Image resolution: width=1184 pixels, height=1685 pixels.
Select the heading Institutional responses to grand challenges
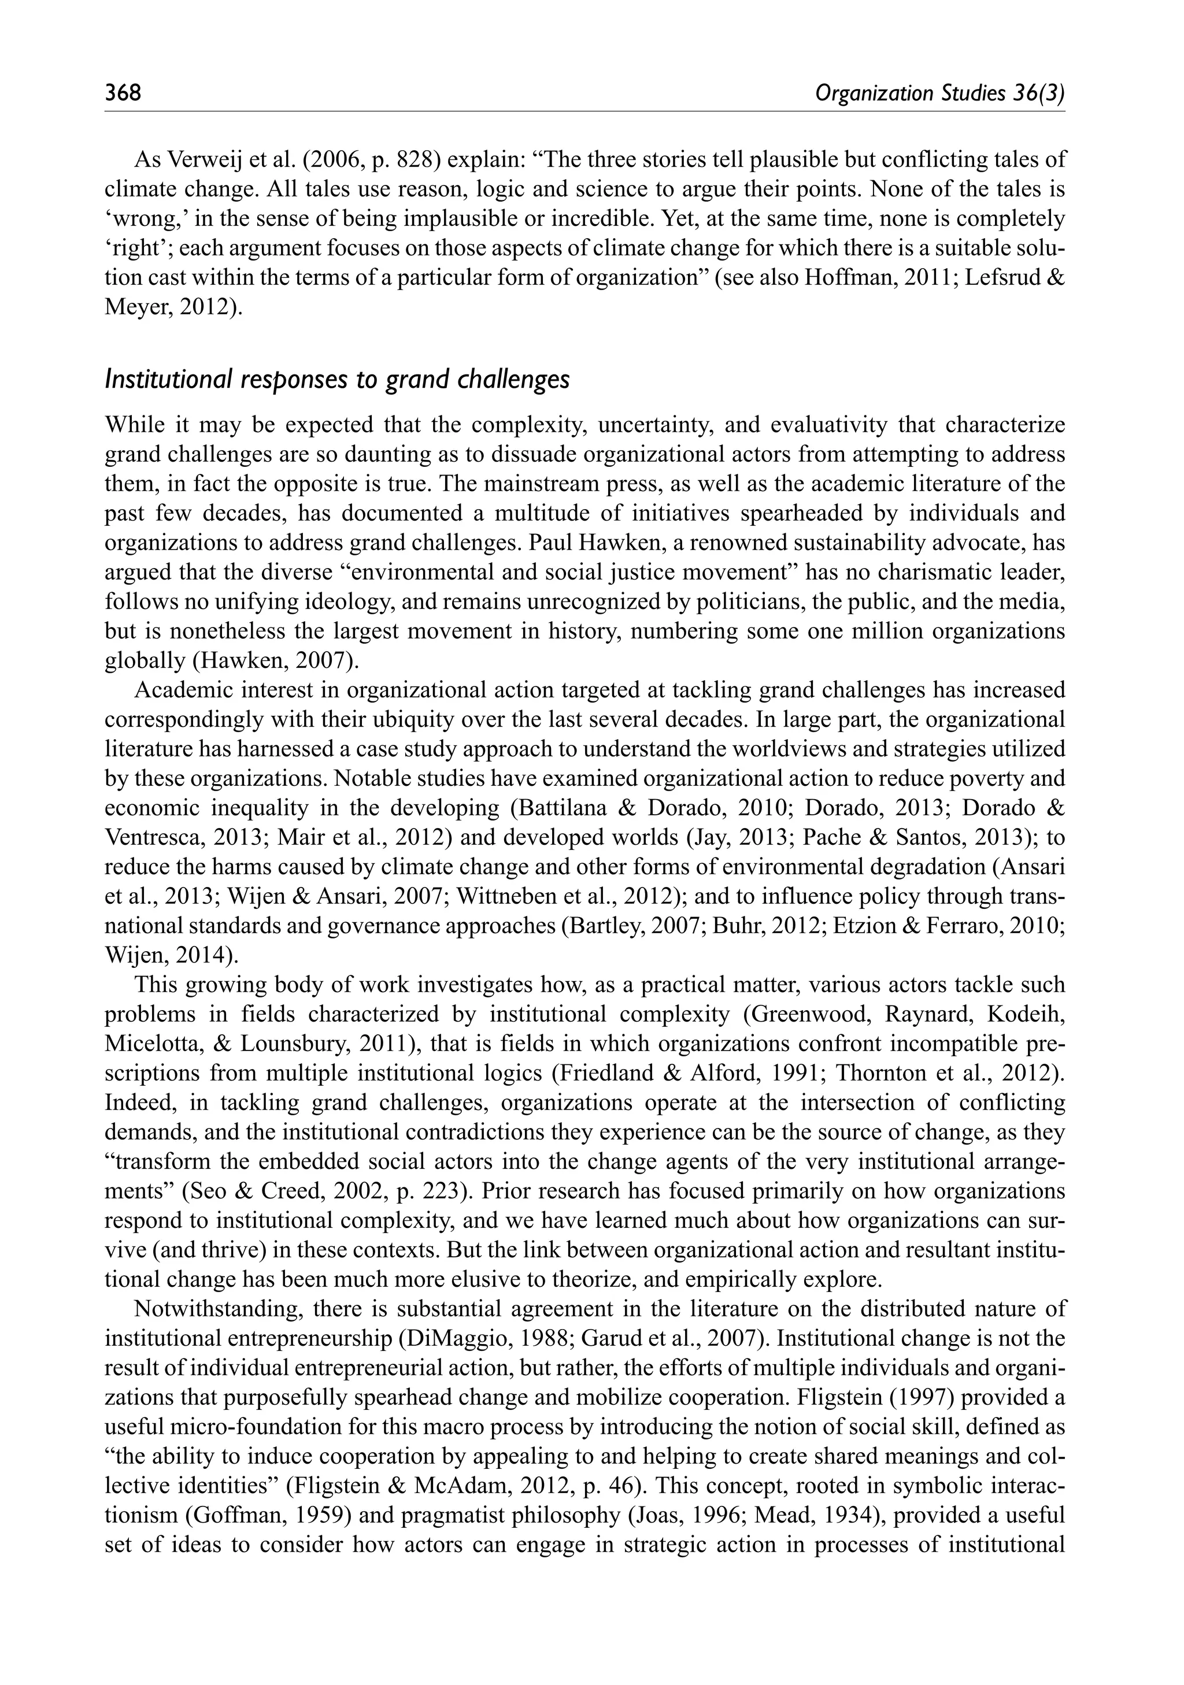pos(337,380)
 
